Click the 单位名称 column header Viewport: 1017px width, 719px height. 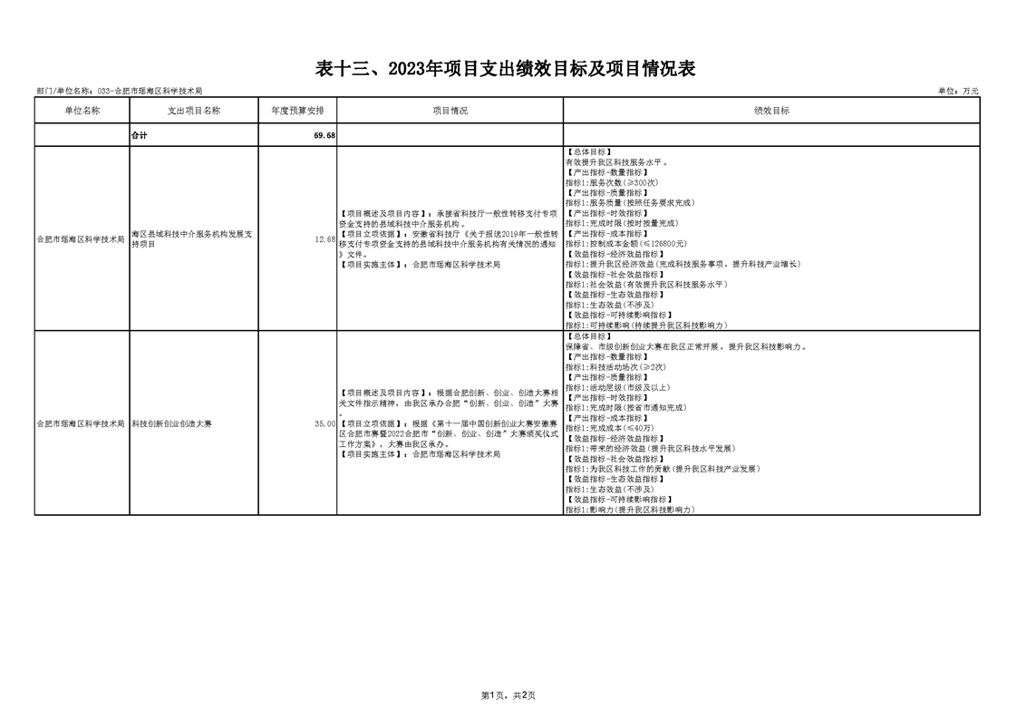82,111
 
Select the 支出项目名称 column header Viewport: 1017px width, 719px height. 194,111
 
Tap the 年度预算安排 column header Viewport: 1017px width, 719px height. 297,111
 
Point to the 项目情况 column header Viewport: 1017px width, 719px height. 450,111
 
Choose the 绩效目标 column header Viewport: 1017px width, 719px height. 771,111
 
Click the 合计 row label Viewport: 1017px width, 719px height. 140,135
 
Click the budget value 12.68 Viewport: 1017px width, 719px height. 324,239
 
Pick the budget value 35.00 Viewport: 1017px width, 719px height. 324,423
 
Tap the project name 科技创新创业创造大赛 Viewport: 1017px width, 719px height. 171,423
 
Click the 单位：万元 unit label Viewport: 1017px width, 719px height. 958,92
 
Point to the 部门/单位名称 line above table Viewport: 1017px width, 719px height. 119,92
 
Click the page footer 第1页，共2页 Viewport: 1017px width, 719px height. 508,695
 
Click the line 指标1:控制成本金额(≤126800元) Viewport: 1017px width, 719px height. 625,244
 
